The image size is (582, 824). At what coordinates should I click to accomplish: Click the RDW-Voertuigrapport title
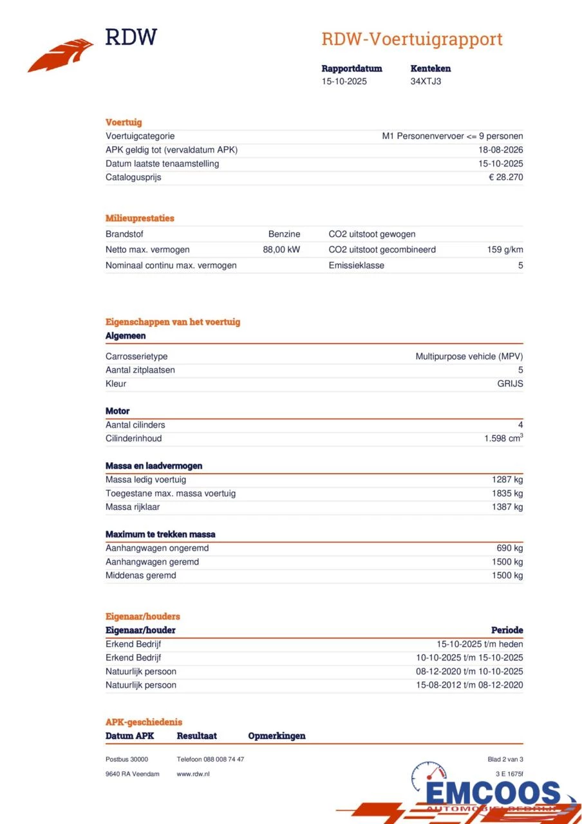pos(411,39)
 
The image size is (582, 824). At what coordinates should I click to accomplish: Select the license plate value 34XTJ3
pos(426,81)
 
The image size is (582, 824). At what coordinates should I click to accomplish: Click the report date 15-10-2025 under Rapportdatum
pos(344,81)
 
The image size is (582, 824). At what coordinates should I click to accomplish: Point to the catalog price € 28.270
pos(505,177)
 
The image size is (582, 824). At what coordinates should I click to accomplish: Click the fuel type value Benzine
pos(284,234)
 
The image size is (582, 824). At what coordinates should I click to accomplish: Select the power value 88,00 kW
pos(281,250)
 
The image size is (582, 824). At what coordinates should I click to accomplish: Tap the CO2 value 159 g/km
pos(505,250)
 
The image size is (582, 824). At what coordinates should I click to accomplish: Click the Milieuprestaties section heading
pos(140,218)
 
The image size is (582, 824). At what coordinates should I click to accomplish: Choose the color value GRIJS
pos(510,384)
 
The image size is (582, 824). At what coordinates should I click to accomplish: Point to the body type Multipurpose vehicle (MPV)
pos(469,356)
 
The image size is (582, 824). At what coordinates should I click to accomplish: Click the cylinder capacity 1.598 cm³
pos(503,438)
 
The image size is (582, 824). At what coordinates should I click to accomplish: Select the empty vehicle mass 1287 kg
pos(507,480)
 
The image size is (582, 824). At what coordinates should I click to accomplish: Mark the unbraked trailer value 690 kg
pos(509,548)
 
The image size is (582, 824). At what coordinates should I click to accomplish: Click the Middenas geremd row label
pos(140,576)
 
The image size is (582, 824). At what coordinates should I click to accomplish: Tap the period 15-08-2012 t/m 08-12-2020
pos(469,685)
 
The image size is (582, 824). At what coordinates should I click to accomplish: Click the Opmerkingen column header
pos(276,736)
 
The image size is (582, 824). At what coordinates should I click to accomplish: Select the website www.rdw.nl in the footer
pos(193,774)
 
